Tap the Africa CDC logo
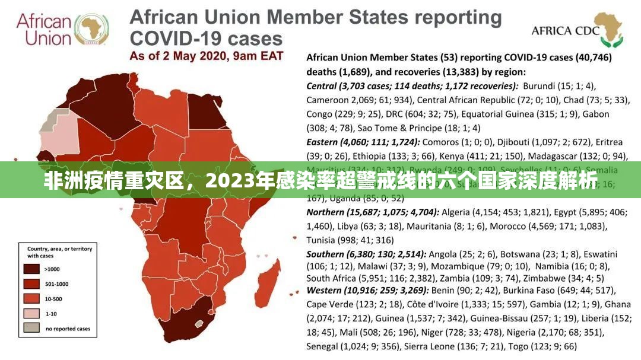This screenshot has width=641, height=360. click(x=605, y=30)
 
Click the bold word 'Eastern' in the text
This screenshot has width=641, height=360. click(x=323, y=142)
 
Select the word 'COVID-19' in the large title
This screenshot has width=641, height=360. click(x=172, y=39)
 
